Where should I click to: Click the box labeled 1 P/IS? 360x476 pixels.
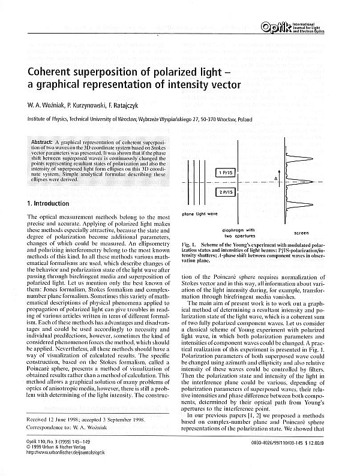[228, 173]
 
